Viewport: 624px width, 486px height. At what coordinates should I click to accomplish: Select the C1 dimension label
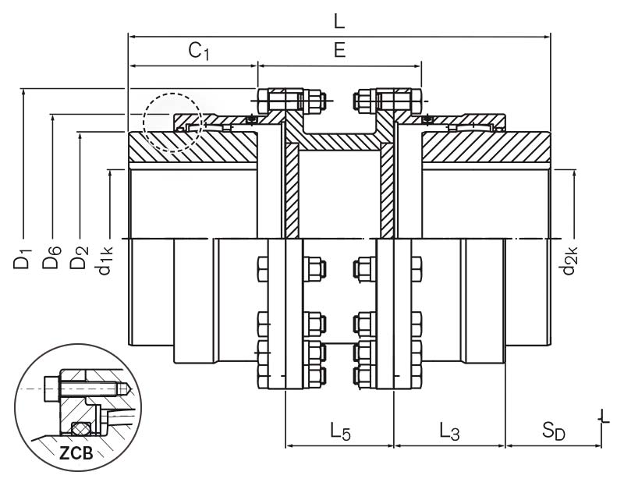pyautogui.click(x=198, y=51)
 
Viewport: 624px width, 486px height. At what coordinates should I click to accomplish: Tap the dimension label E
pyautogui.click(x=339, y=51)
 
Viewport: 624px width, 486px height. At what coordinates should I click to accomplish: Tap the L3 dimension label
pyautogui.click(x=448, y=430)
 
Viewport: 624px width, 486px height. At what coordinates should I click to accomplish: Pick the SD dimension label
pyautogui.click(x=553, y=431)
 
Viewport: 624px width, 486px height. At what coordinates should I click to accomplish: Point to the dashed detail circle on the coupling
pyautogui.click(x=172, y=122)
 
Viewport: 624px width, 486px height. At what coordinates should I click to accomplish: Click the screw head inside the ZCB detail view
pyautogui.click(x=51, y=386)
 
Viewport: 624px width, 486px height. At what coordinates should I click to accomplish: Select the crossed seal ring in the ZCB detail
pyautogui.click(x=79, y=427)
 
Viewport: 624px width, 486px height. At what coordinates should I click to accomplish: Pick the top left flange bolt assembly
pyautogui.click(x=289, y=101)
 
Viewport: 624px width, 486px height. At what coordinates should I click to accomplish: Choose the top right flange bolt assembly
pyautogui.click(x=388, y=101)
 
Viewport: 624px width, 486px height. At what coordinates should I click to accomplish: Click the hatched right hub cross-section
pyautogui.click(x=484, y=147)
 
